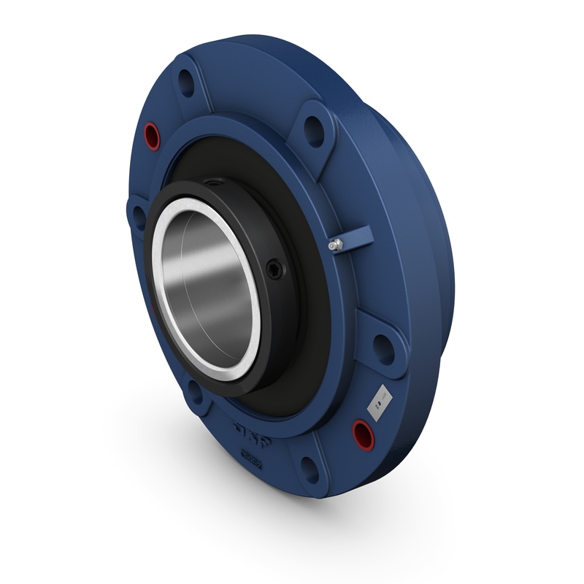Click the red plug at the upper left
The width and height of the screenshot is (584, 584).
pyautogui.click(x=152, y=135)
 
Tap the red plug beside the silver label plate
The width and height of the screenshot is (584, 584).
pyautogui.click(x=363, y=434)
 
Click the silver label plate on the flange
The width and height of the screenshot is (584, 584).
pyautogui.click(x=380, y=402)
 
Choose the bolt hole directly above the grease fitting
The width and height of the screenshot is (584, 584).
pyautogui.click(x=314, y=131)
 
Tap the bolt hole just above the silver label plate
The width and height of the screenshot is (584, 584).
pyautogui.click(x=383, y=349)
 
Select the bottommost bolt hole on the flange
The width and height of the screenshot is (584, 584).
pyautogui.click(x=310, y=469)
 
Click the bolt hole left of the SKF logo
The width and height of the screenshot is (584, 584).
pyautogui.click(x=195, y=392)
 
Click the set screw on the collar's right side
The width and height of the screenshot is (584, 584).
pyautogui.click(x=274, y=269)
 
